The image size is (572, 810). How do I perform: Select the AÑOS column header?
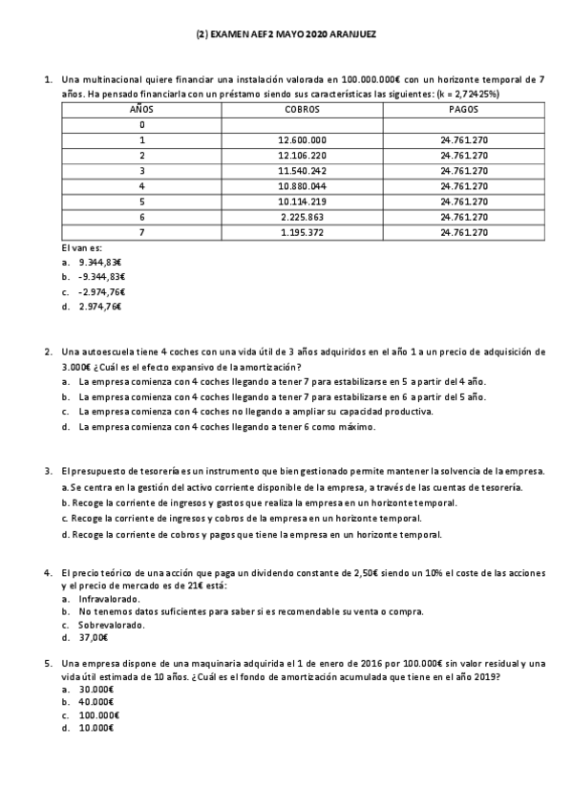(141, 109)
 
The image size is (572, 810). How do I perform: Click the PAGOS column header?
(464, 109)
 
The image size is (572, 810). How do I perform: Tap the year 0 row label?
(141, 124)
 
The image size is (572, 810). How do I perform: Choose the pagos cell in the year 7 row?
(464, 232)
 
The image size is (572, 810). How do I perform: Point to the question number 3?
(48, 472)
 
